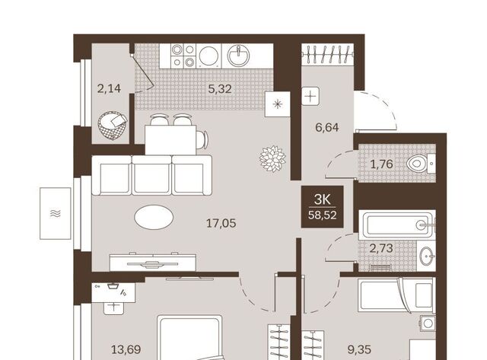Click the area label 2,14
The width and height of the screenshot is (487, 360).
pos(109,89)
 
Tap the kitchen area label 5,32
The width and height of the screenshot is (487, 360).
pos(220,89)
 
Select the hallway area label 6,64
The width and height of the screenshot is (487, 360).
pos(326,127)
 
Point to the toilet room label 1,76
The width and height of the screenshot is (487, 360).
pos(381,164)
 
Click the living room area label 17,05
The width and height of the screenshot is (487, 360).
pos(221,223)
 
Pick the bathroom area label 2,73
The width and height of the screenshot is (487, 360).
pos(381,248)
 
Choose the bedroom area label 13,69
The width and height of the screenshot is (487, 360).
pos(126,350)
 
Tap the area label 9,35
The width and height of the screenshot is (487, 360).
pos(359,350)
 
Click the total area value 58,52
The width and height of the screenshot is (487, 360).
pos(323,215)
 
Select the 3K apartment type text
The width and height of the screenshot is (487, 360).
pos(323,199)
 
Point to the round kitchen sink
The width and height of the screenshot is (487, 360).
pos(238,56)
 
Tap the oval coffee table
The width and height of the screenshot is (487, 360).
pos(154,217)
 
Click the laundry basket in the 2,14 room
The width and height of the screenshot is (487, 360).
pos(113,126)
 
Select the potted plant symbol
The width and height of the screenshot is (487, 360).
pos(272,159)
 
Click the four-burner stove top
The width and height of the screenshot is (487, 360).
pos(183,56)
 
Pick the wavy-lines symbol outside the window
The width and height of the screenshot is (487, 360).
pos(56,213)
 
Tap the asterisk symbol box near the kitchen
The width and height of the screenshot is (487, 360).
pos(277,104)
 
